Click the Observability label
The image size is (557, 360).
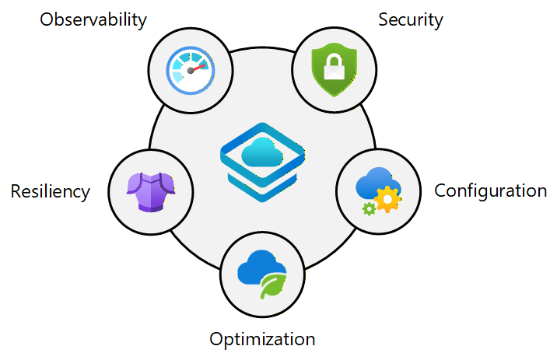point(93,19)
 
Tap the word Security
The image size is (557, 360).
point(410,19)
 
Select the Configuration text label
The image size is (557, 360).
point(490,190)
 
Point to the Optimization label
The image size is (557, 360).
point(262,339)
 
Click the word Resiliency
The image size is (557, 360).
point(50,190)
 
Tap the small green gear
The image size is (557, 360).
point(368,208)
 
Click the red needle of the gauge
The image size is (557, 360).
point(200,67)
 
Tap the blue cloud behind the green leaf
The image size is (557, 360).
point(257,267)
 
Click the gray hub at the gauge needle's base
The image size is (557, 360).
point(190,72)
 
